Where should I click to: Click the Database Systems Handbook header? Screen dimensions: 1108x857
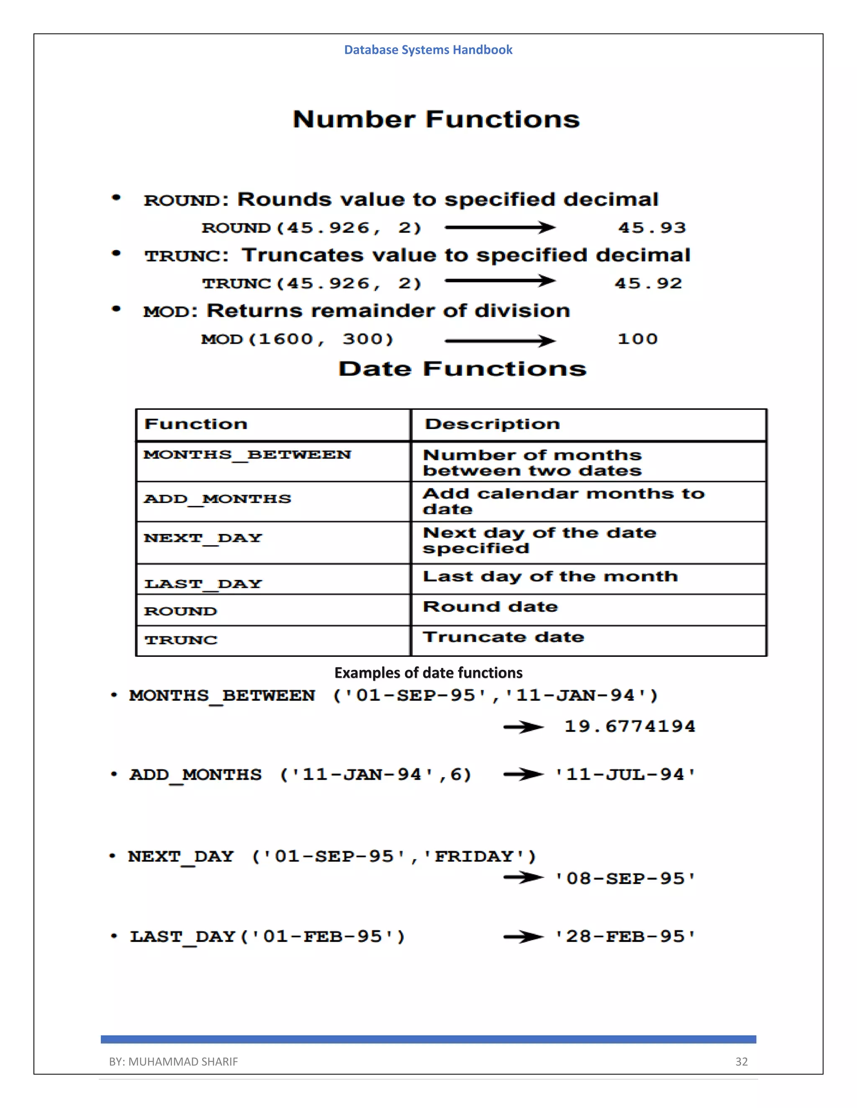point(428,50)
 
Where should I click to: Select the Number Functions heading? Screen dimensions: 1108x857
point(436,120)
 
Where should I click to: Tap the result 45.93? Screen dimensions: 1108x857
point(652,228)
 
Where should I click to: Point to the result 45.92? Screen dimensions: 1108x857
point(648,283)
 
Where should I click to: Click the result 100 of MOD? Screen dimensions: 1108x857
point(637,339)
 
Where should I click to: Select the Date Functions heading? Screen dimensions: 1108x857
point(462,369)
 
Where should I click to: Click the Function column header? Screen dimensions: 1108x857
point(196,424)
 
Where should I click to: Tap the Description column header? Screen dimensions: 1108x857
point(492,424)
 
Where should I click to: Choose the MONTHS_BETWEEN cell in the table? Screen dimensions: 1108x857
point(247,454)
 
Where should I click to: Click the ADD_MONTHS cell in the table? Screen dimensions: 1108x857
point(217,499)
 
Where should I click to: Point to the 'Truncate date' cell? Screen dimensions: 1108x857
point(503,637)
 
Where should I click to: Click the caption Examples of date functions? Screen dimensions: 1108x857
point(428,673)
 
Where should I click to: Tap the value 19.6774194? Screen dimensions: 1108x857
point(629,727)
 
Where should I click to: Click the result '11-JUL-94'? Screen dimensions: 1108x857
point(625,775)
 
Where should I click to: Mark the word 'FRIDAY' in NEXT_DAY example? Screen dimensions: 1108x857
point(474,857)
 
